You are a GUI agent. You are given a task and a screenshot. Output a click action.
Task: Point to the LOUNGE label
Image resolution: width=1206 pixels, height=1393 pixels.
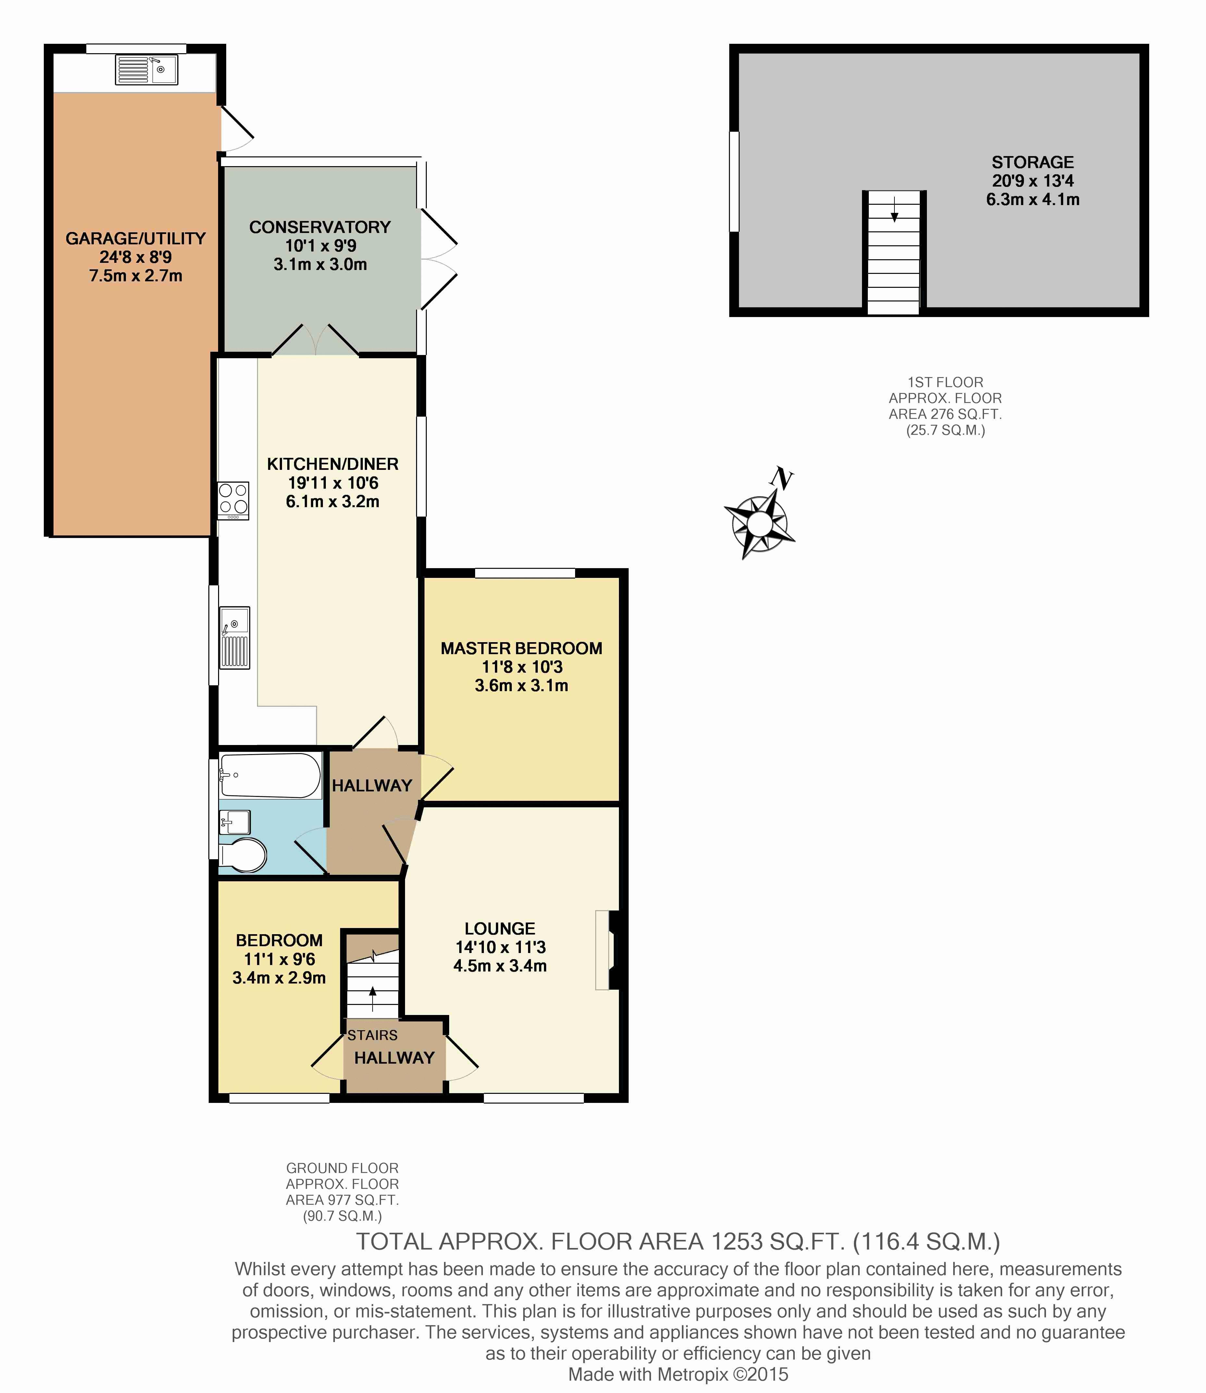(500, 929)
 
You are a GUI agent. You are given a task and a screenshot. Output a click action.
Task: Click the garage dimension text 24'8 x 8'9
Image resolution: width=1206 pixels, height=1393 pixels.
(136, 257)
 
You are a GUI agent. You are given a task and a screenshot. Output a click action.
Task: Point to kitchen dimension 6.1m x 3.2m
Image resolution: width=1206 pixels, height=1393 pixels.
(332, 501)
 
